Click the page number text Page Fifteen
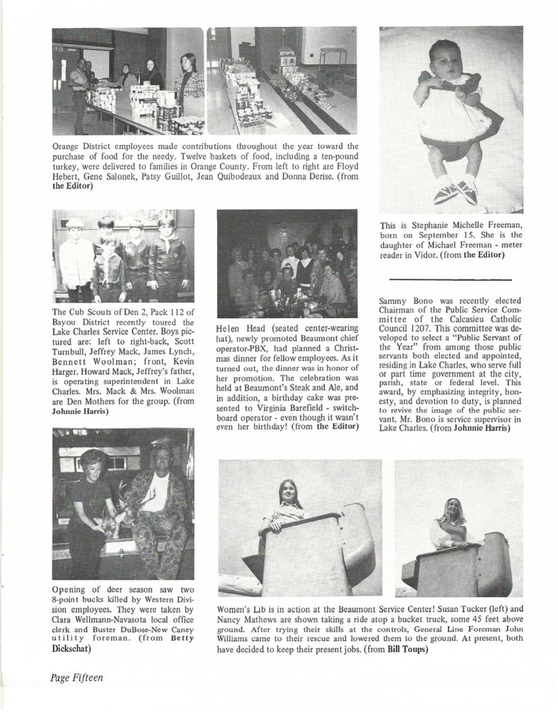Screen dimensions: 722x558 [x=76, y=677]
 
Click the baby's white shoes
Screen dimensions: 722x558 [x=456, y=191]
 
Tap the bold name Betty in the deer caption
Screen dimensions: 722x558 [x=182, y=639]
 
